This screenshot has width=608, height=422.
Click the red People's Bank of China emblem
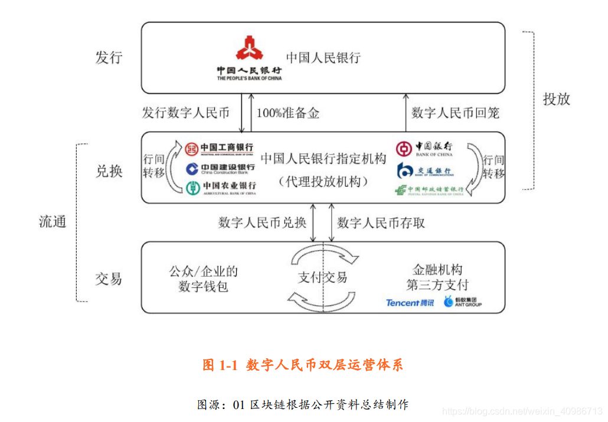pos(250,49)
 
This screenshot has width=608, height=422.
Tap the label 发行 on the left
pos(109,57)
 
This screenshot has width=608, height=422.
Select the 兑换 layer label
pos(109,171)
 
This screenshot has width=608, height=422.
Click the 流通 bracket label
pos(53,222)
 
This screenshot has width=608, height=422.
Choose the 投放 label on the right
pos(556,99)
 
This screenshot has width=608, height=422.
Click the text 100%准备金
pos(287,113)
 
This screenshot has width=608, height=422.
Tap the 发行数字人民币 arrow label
pos(185,113)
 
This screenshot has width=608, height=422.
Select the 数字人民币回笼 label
pos(455,113)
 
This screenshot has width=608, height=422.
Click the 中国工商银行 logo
pos(220,148)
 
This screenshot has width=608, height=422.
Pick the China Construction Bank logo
pos(220,169)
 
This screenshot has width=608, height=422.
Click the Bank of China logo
pos(424,148)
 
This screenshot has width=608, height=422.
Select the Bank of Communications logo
pos(424,171)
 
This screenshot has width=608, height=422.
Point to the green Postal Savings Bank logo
pos(429,190)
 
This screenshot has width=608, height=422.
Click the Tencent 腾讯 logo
pos(410,303)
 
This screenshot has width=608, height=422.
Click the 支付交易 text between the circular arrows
pos(322,277)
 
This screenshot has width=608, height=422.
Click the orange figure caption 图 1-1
pos(303,365)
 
